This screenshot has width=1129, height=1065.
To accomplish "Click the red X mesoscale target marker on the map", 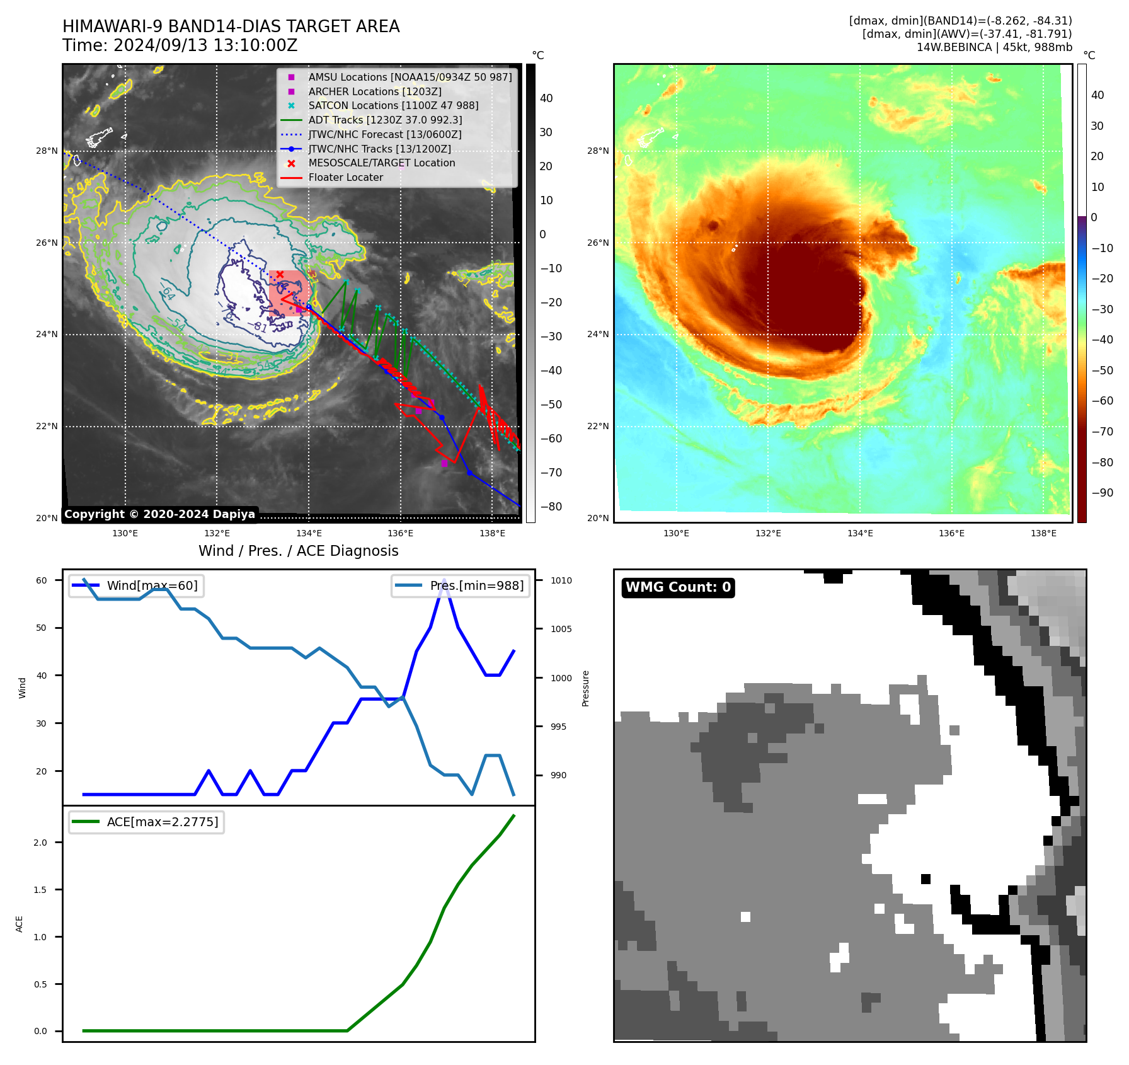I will (280, 274).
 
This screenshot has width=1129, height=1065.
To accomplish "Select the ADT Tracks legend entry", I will (385, 120).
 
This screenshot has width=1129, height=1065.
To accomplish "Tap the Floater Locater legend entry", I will (345, 177).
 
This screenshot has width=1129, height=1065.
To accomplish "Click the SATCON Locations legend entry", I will (393, 105).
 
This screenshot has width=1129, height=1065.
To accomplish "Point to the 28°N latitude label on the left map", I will (47, 151).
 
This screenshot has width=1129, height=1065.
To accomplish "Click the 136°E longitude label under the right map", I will (951, 533).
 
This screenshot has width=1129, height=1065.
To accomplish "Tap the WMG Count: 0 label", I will (678, 587).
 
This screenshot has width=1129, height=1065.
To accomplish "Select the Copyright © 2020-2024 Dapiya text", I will (159, 514).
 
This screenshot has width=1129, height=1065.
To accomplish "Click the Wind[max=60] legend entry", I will (152, 585).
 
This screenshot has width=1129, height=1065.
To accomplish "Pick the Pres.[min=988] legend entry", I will (476, 585).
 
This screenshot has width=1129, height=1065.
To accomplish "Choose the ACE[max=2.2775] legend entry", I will (163, 822).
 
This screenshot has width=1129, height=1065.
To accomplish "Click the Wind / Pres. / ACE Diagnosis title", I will (299, 551).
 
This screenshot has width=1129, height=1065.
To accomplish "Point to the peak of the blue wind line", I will (444, 580).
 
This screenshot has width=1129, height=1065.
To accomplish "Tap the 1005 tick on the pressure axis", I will (561, 629).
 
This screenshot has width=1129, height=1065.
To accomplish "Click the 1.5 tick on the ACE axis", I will (40, 890).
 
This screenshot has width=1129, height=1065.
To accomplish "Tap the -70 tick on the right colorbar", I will (1102, 432).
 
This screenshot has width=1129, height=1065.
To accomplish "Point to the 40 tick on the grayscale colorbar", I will (546, 98).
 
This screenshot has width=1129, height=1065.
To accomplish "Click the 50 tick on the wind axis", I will (41, 628).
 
